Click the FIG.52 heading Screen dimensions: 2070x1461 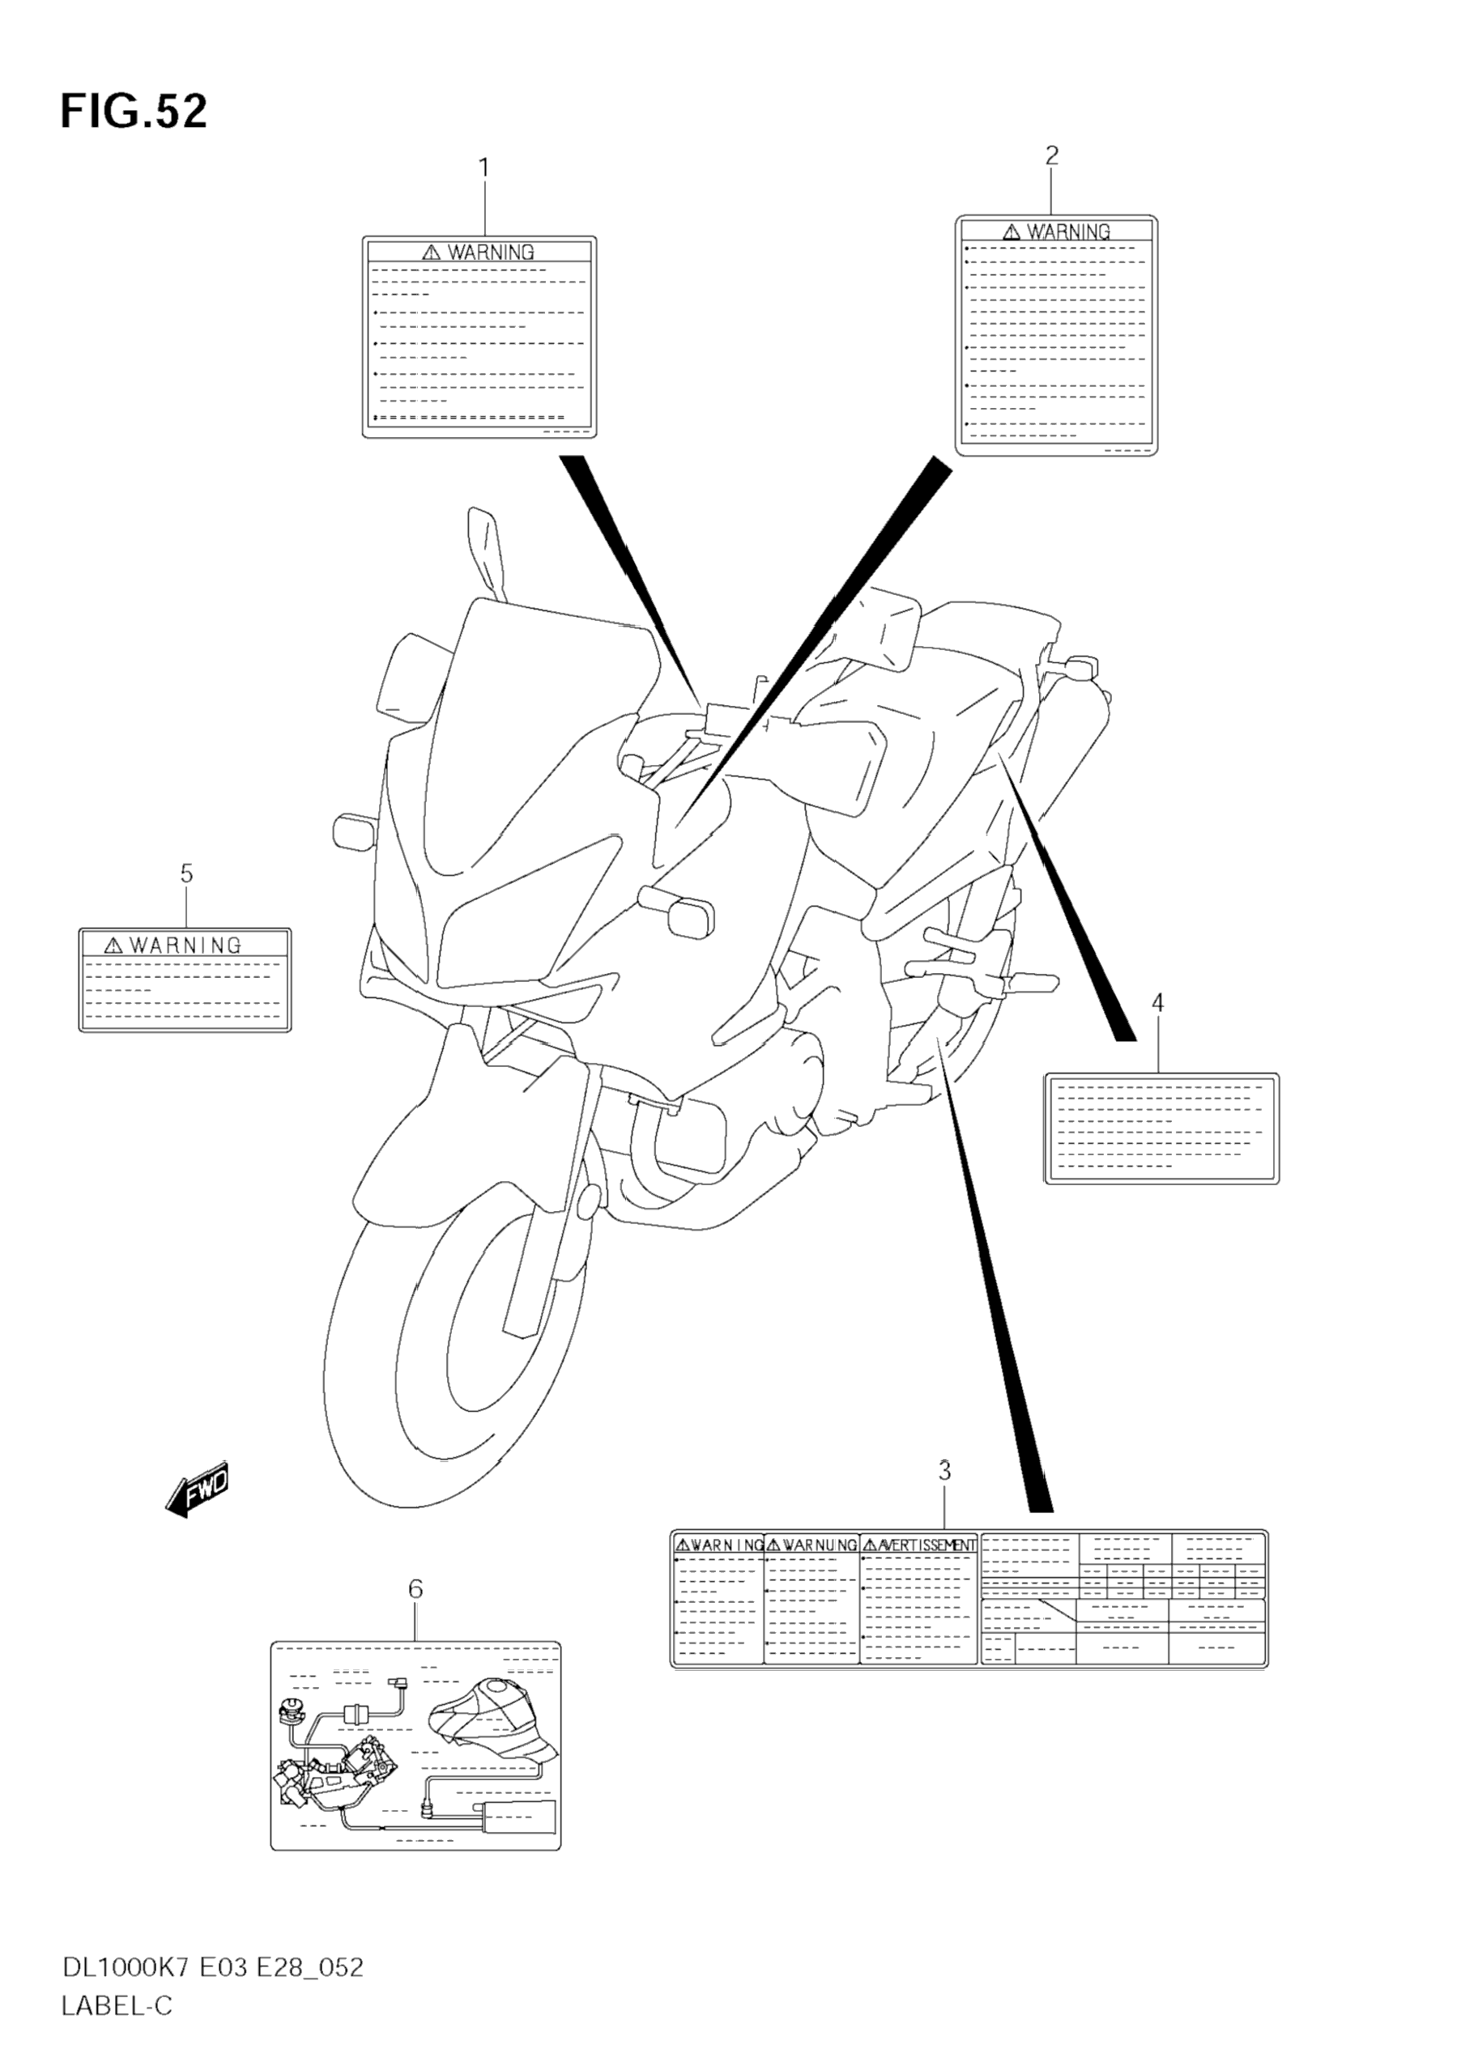(134, 112)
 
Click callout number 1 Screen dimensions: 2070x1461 (484, 168)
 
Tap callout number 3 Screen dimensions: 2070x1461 (943, 1470)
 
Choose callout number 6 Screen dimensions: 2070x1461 (415, 1588)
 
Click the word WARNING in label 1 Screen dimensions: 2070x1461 (491, 253)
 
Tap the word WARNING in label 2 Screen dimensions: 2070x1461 (1069, 232)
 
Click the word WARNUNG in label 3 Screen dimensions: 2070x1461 (819, 1545)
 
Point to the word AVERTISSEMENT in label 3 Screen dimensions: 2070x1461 (926, 1545)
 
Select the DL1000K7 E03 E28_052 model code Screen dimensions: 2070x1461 (212, 1967)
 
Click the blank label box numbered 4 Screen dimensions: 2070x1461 (1161, 1128)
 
